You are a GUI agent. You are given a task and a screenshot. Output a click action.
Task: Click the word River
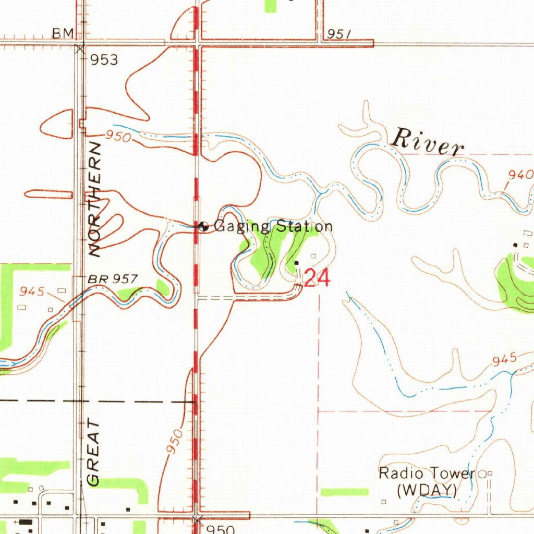pyautogui.click(x=428, y=142)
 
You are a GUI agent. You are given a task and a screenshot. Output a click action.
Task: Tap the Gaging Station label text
pyautogui.click(x=273, y=226)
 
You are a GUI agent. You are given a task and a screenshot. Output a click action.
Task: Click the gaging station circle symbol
pyautogui.click(x=204, y=226)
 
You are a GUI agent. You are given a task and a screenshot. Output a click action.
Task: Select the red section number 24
pyautogui.click(x=317, y=279)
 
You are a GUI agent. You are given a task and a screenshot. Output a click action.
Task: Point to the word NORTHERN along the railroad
pyautogui.click(x=95, y=199)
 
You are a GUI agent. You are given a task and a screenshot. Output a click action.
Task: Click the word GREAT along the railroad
pyautogui.click(x=94, y=452)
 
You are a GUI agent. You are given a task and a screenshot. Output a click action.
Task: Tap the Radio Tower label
pyautogui.click(x=427, y=474)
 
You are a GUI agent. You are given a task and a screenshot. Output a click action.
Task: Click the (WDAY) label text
pyautogui.click(x=427, y=490)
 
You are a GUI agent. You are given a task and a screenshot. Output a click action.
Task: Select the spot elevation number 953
pyautogui.click(x=104, y=60)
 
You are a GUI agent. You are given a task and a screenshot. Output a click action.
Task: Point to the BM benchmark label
pyautogui.click(x=63, y=34)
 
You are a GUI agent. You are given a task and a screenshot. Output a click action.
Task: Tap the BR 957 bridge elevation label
pyautogui.click(x=113, y=280)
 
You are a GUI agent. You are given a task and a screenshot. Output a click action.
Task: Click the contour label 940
pyautogui.click(x=520, y=175)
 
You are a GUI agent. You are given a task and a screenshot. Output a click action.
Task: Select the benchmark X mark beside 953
pyautogui.click(x=80, y=49)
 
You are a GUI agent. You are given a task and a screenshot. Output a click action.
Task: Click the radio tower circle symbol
pyautogui.click(x=482, y=474)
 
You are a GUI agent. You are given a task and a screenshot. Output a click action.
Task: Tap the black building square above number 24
pyautogui.click(x=297, y=263)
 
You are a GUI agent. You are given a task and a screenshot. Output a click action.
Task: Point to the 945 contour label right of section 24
pyautogui.click(x=504, y=359)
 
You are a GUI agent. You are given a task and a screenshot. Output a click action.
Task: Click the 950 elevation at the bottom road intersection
pyautogui.click(x=220, y=529)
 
